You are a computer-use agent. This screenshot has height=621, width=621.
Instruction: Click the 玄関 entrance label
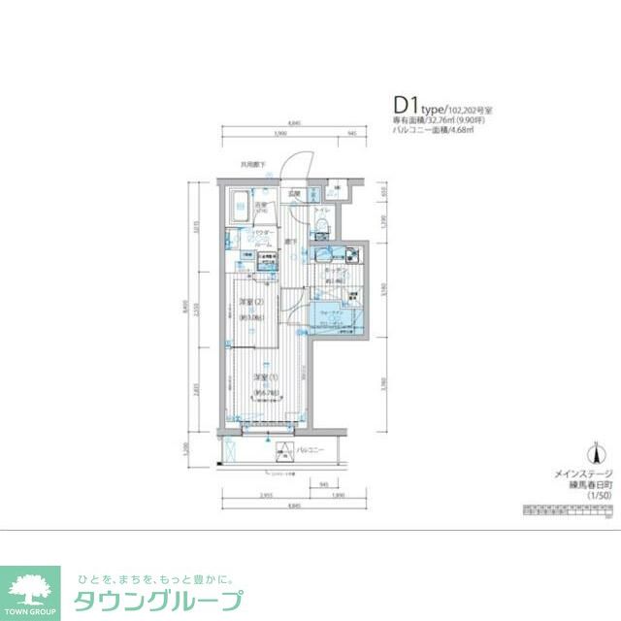(x=294, y=194)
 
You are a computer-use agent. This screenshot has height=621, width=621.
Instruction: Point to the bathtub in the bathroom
(x=239, y=207)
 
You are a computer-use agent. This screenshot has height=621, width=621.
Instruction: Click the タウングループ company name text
(x=159, y=600)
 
